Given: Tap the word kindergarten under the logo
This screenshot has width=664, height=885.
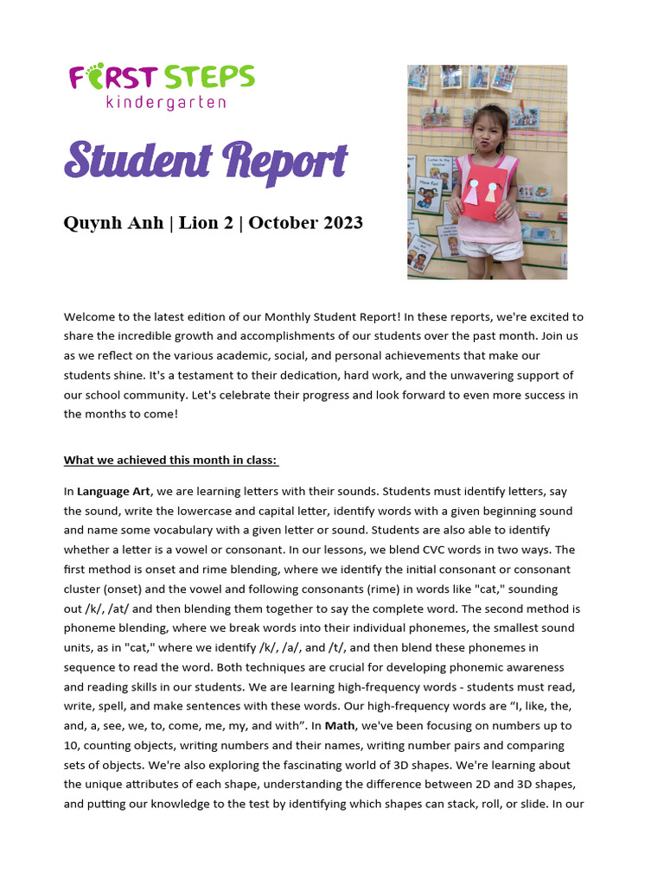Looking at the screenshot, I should (x=166, y=103).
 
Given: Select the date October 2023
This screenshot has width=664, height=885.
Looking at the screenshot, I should (x=307, y=223).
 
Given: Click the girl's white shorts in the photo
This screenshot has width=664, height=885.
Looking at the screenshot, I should (x=488, y=248).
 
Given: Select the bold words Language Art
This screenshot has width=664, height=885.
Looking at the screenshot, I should (x=113, y=491).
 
